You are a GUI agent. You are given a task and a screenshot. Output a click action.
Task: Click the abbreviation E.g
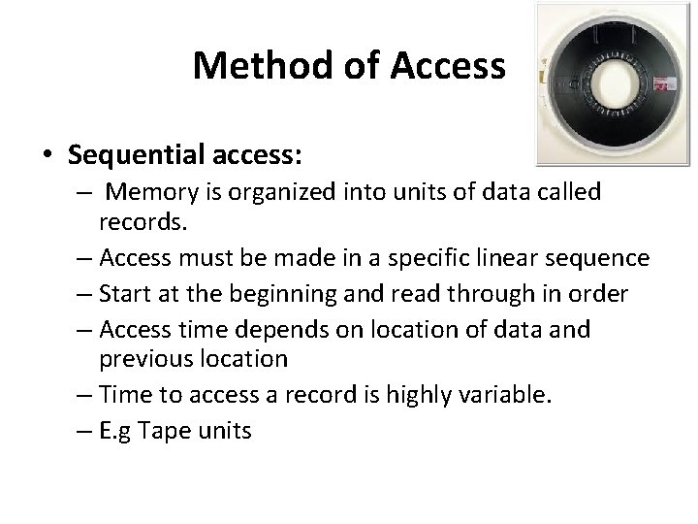[x=118, y=429]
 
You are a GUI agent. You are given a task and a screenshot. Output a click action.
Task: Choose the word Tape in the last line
[x=166, y=429]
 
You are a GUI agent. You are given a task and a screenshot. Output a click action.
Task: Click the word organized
[x=286, y=192]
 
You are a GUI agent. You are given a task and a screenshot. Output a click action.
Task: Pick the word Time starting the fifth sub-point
[x=122, y=394]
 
